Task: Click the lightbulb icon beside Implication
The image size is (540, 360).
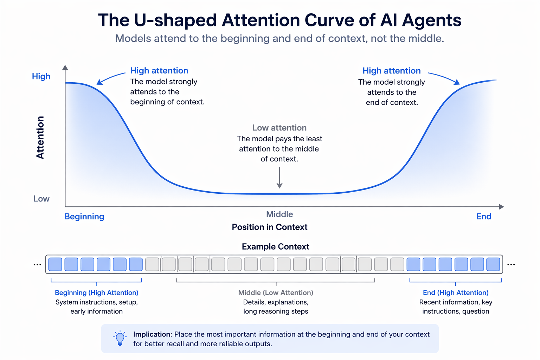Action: click(x=120, y=338)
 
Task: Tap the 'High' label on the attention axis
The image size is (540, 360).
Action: click(x=41, y=76)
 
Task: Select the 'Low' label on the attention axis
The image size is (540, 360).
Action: click(x=41, y=199)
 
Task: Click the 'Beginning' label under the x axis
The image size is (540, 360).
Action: click(x=84, y=217)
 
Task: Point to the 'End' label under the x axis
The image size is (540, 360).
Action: click(x=484, y=217)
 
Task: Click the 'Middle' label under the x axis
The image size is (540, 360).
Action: click(x=279, y=214)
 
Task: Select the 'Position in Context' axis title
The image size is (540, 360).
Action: click(x=270, y=227)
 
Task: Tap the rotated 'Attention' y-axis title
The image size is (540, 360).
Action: click(x=40, y=137)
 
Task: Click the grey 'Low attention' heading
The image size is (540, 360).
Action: click(x=279, y=128)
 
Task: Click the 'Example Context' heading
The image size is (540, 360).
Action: click(x=276, y=247)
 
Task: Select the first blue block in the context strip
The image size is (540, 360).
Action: click(x=55, y=264)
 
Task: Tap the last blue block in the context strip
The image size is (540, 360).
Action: click(x=493, y=264)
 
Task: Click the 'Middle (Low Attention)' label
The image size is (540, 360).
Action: click(x=276, y=292)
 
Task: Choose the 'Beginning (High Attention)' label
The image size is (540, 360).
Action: click(x=97, y=292)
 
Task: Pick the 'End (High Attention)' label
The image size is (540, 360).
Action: click(x=456, y=292)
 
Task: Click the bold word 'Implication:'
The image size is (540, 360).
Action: click(x=153, y=334)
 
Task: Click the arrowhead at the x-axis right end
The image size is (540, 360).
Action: click(x=502, y=207)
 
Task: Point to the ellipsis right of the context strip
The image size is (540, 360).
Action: click(x=511, y=264)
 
